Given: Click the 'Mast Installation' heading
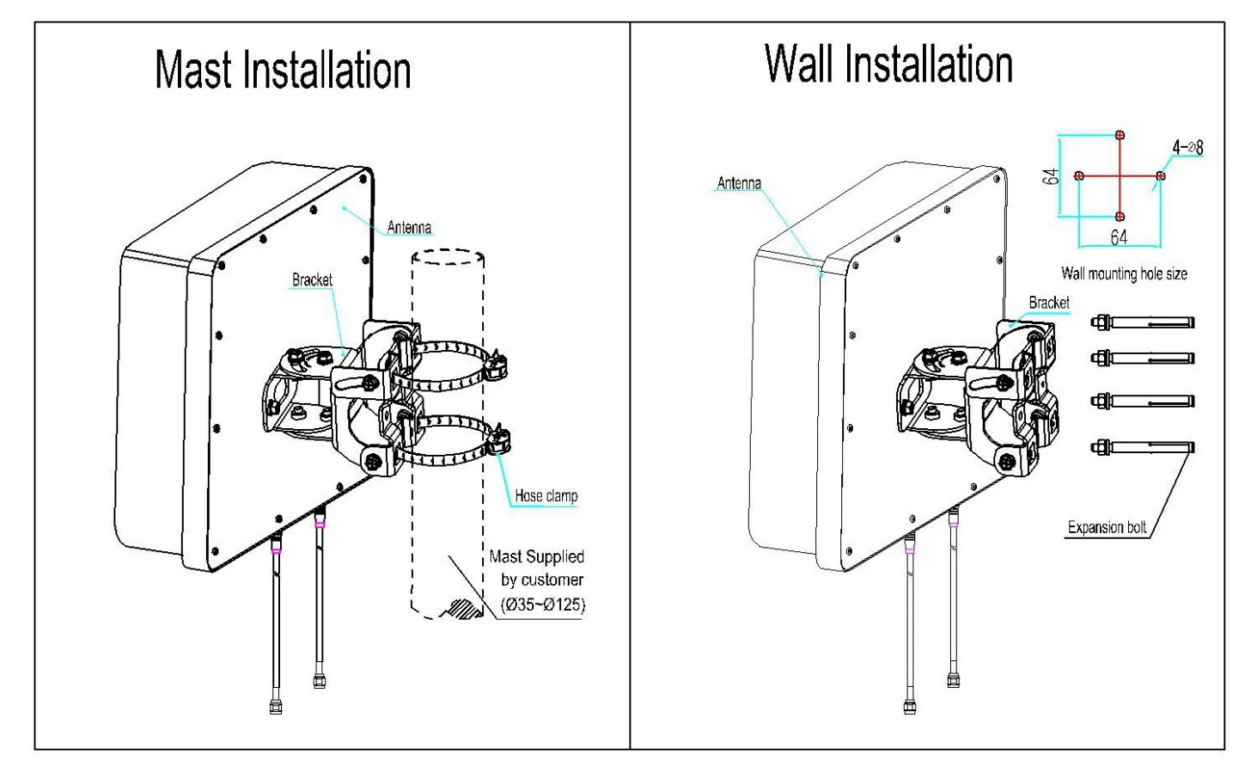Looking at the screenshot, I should pyautogui.click(x=283, y=71).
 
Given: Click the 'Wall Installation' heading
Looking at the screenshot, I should pyautogui.click(x=888, y=64).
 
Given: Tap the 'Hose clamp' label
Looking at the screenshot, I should pyautogui.click(x=546, y=496).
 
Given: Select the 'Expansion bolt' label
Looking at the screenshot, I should pyautogui.click(x=1107, y=528).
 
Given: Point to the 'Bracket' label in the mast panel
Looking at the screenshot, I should pyautogui.click(x=312, y=280).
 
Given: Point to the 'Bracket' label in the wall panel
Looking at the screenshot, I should pyautogui.click(x=1049, y=303).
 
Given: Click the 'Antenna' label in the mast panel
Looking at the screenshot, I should pyautogui.click(x=409, y=228).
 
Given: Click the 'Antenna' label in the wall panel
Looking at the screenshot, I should pyautogui.click(x=739, y=183).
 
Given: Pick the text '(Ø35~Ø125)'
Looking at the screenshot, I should pyautogui.click(x=542, y=604).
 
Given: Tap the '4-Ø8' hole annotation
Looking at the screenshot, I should pyautogui.click(x=1187, y=148).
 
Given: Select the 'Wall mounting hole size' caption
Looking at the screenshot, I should pyautogui.click(x=1124, y=274).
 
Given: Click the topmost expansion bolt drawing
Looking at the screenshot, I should pyautogui.click(x=1142, y=322).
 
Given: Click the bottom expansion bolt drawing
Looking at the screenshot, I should pyautogui.click(x=1142, y=447).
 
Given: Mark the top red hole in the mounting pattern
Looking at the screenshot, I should pyautogui.click(x=1120, y=135).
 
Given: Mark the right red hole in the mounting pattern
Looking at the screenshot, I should pyautogui.click(x=1161, y=176).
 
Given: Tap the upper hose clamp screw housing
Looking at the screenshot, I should pyautogui.click(x=496, y=365).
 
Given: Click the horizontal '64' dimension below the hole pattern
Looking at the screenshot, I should pyautogui.click(x=1119, y=237).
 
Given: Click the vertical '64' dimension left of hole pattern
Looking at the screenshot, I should pyautogui.click(x=1050, y=177).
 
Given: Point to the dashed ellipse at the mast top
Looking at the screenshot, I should pyautogui.click(x=448, y=256).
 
